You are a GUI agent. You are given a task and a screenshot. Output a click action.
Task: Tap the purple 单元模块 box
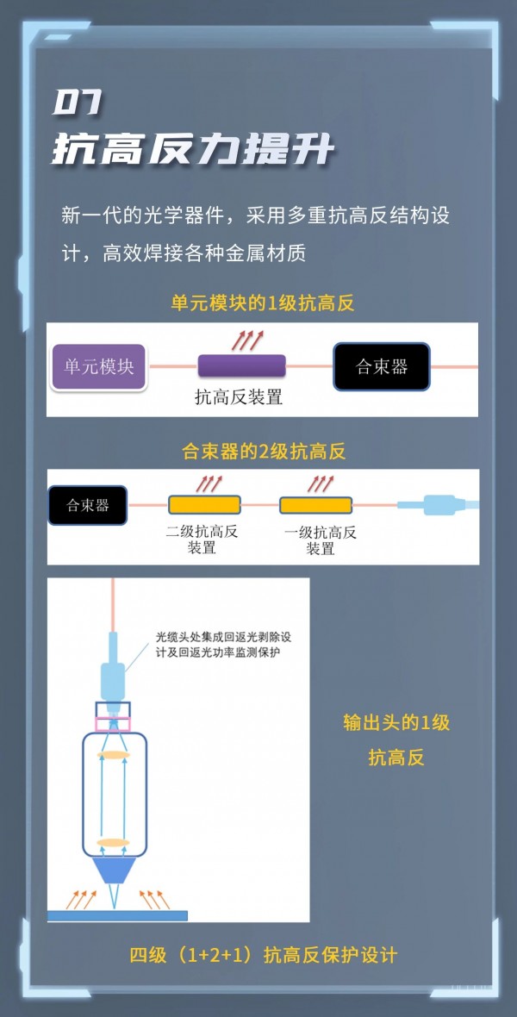tap(99, 366)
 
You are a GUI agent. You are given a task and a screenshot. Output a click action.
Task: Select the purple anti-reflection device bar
tap(242, 365)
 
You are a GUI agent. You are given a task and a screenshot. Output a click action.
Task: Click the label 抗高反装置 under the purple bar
tap(239, 397)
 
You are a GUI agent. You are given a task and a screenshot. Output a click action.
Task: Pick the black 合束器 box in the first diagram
tap(381, 367)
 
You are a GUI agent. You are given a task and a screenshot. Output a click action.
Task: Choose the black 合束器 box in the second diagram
tap(88, 505)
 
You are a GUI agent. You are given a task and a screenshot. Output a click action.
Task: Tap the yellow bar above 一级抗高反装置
tap(315, 504)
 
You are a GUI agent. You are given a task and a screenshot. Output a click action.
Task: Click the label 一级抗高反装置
tap(321, 540)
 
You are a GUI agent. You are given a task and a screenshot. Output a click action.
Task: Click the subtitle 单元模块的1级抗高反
tap(263, 303)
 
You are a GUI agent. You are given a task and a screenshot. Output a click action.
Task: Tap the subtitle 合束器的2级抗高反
tap(264, 451)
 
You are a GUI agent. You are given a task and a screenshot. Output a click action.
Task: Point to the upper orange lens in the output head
tap(113, 755)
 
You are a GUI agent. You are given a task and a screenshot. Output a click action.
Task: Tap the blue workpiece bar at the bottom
tap(116, 914)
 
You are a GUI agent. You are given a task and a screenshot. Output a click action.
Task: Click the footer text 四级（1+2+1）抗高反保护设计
tap(263, 955)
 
